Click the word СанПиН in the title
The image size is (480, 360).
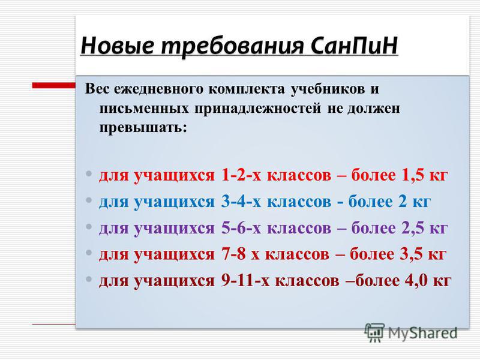(354, 46)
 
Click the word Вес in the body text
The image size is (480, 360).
(97, 89)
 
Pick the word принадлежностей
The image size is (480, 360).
(258, 109)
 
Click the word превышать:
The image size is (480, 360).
(143, 127)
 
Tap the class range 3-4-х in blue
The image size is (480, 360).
(241, 202)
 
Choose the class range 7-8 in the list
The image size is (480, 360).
(233, 254)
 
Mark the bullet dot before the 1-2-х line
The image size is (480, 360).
(89, 173)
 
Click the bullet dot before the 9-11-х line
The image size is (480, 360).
(89, 279)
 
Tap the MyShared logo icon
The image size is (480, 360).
(374, 332)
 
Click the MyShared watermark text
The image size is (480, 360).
(423, 334)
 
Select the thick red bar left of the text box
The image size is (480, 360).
(54, 85)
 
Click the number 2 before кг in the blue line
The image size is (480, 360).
(403, 202)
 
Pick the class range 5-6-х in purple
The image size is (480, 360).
(241, 228)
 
